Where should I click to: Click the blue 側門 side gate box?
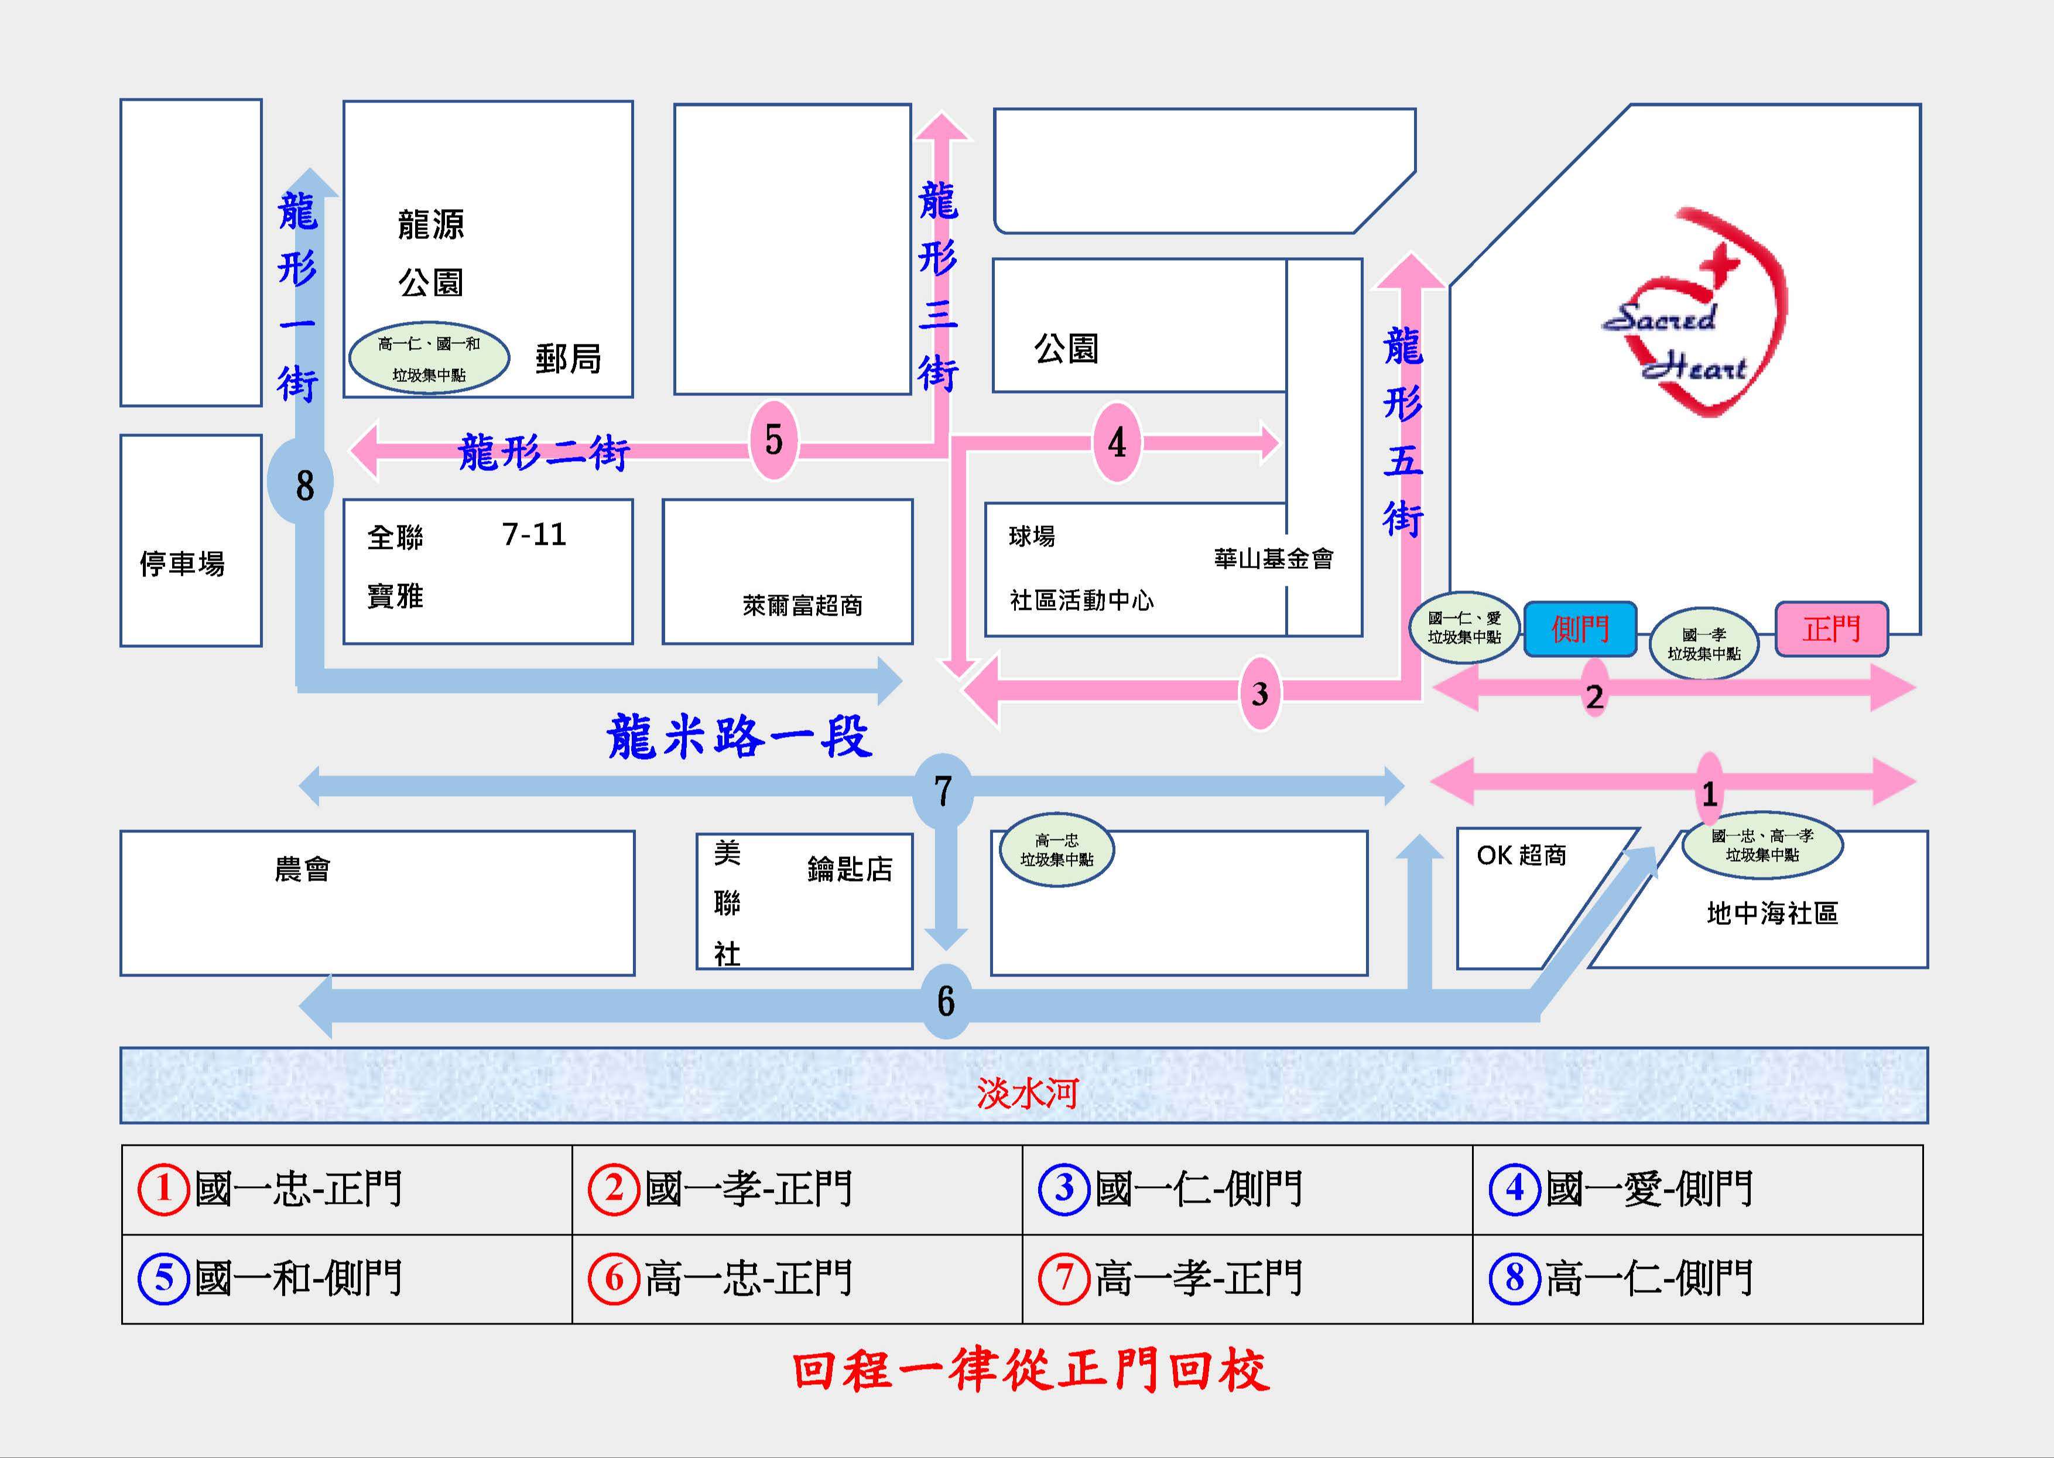tap(1580, 629)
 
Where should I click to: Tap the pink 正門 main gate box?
tap(1832, 629)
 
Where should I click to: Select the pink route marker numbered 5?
tap(773, 440)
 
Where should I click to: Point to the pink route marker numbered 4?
tap(1116, 442)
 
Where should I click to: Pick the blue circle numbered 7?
tap(942, 790)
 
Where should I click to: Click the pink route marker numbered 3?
tap(1260, 693)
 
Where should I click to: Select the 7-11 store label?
tap(534, 535)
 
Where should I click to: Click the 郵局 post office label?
tap(568, 359)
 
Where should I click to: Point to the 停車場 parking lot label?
tap(182, 564)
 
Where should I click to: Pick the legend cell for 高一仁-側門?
tap(1697, 1278)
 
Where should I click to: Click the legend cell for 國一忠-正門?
tap(347, 1189)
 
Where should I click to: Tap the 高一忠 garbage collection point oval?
tap(1056, 849)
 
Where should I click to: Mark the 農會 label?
tap(302, 869)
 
